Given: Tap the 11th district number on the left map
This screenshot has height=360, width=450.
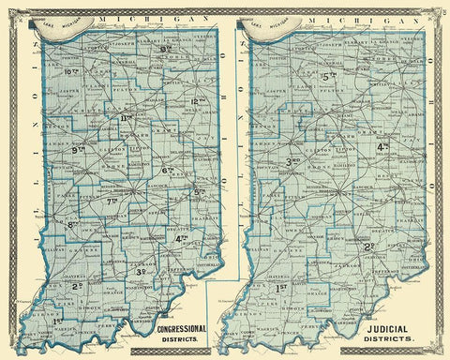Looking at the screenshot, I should pyautogui.click(x=127, y=118).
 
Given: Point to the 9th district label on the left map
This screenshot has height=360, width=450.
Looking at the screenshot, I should pyautogui.click(x=79, y=149).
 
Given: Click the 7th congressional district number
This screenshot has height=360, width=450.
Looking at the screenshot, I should pyautogui.click(x=112, y=201).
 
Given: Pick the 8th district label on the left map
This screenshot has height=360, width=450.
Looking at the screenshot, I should pyautogui.click(x=71, y=224).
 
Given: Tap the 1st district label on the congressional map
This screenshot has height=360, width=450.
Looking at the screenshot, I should pyautogui.click(x=35, y=321).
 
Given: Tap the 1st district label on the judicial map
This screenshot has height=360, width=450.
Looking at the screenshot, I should pyautogui.click(x=281, y=286).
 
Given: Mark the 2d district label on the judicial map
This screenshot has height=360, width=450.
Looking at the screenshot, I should pyautogui.click(x=370, y=247).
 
